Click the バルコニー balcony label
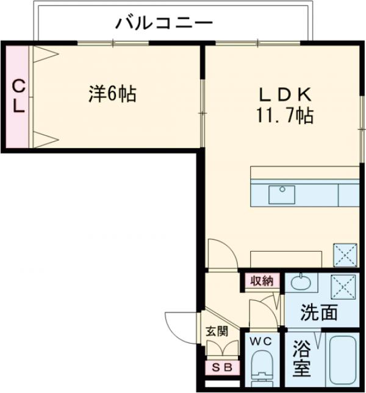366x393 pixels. [x=165, y=24]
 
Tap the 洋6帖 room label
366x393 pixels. [x=112, y=94]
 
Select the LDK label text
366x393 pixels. [x=285, y=94]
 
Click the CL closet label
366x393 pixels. [x=19, y=97]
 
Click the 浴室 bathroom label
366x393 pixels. [x=301, y=359]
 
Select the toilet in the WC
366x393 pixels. [x=263, y=366]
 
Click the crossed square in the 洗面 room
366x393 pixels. [x=343, y=285]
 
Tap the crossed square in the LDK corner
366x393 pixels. [x=344, y=253]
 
